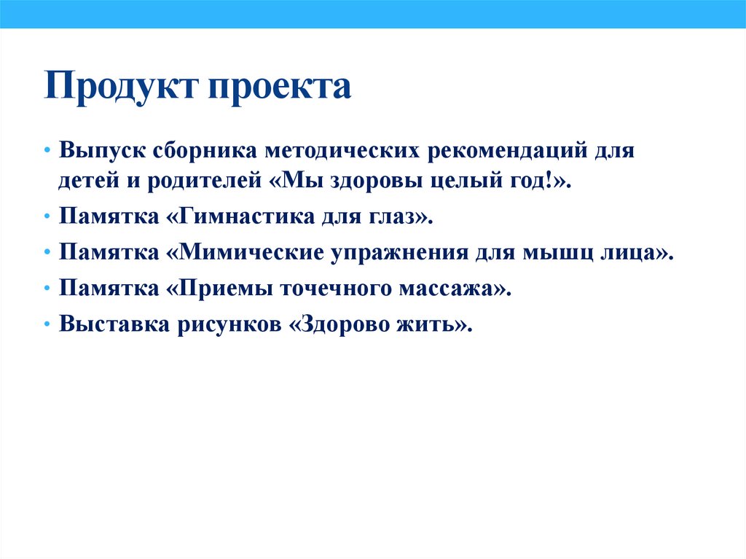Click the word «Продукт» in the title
tap(121, 87)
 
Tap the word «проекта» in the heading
tap(281, 87)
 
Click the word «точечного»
tap(331, 288)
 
